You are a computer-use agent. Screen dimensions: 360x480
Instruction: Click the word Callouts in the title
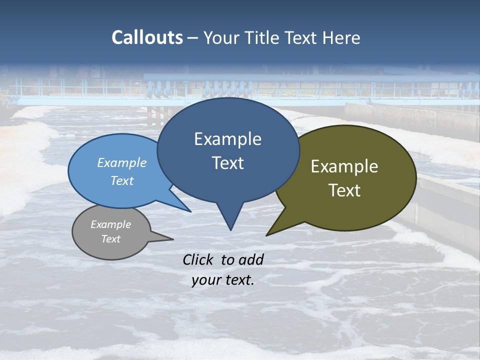[x=147, y=37]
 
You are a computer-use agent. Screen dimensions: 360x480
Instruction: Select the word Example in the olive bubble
[x=344, y=166]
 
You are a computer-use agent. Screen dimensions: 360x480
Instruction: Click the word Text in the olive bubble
[x=344, y=190]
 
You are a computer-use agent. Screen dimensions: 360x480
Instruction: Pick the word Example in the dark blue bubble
[x=227, y=139]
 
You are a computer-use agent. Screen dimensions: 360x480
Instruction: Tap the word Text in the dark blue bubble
[x=227, y=163]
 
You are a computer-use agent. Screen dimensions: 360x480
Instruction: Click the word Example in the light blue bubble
[x=122, y=162]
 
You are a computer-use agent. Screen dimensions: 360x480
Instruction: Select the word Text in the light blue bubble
[x=122, y=180]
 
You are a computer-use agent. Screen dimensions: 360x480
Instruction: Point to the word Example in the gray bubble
[x=110, y=224]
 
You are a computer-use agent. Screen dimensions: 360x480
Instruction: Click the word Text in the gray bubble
[x=110, y=238]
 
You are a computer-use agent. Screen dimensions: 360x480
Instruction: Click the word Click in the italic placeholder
[x=198, y=259]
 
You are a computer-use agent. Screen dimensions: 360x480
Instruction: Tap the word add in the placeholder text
[x=251, y=259]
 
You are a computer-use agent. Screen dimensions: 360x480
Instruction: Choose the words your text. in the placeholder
[x=222, y=280]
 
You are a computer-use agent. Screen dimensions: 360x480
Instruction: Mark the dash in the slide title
[x=193, y=38]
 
